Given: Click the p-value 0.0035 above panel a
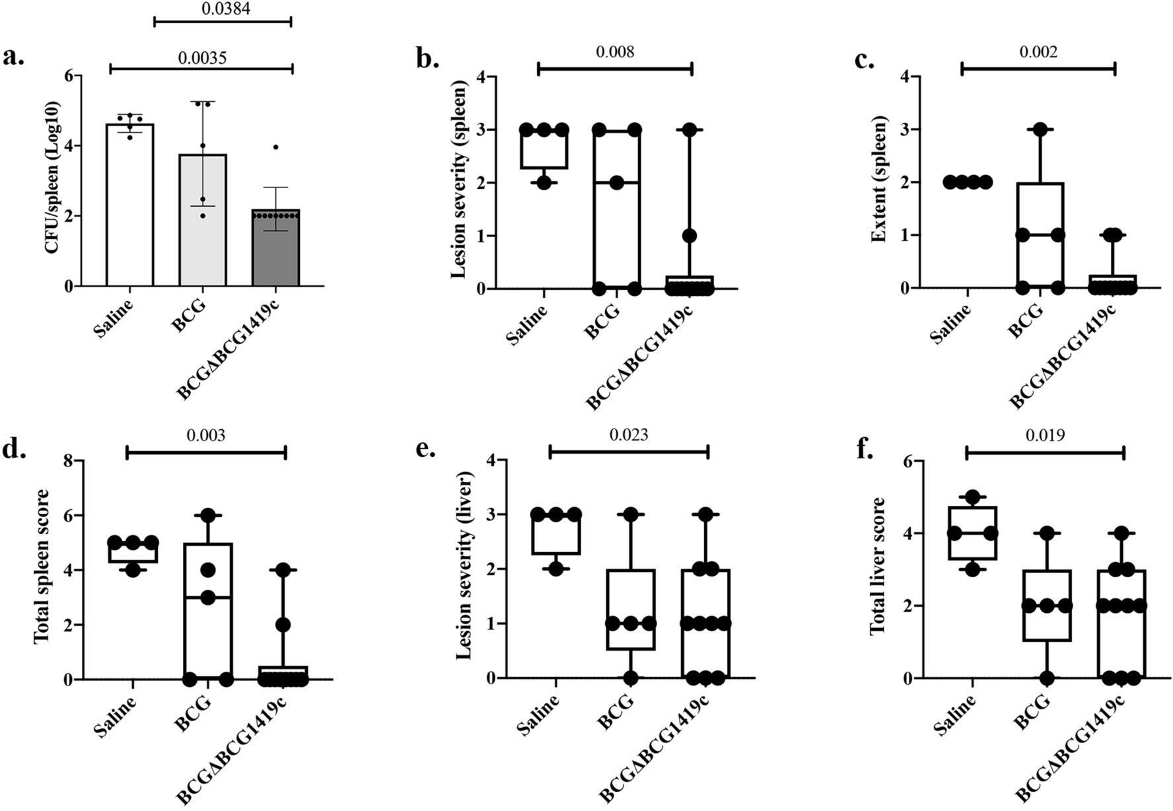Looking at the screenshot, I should tap(202, 58).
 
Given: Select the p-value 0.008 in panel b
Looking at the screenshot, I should tap(615, 52).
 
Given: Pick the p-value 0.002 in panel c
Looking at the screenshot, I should tap(1038, 52).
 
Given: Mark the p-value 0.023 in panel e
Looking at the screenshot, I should tap(629, 435).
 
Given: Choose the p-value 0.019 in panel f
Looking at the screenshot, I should tap(1045, 435).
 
